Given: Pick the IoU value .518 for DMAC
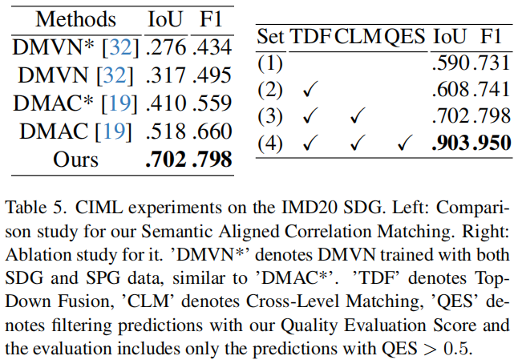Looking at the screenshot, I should pyautogui.click(x=167, y=131).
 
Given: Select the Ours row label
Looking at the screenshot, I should pyautogui.click(x=76, y=159).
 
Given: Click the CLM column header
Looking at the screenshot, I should pyautogui.click(x=357, y=37).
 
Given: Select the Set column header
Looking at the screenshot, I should pyautogui.click(x=271, y=37).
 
